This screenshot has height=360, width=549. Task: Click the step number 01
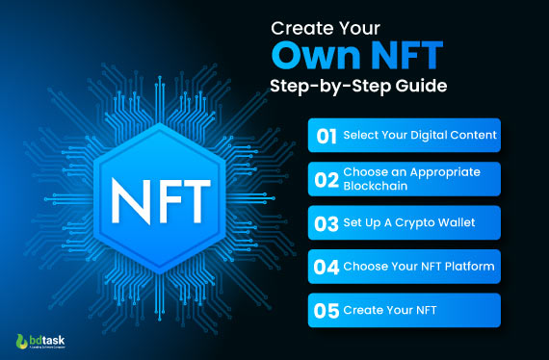coord(327,136)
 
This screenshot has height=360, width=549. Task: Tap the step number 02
coord(327,179)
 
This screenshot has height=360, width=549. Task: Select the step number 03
coord(327,223)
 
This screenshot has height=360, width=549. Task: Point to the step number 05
coord(327,311)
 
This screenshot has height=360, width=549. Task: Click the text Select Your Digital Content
coord(420,136)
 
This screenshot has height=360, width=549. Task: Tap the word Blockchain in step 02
coord(376,187)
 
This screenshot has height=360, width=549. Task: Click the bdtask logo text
coord(48,340)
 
